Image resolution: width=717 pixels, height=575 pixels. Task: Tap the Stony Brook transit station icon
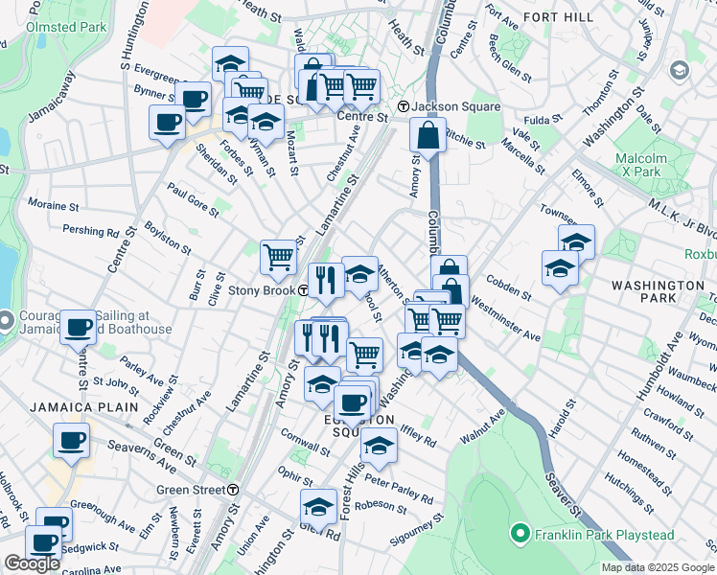click(x=303, y=290)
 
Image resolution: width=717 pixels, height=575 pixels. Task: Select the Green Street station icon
click(x=233, y=490)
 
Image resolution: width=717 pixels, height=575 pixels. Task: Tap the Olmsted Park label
click(x=66, y=27)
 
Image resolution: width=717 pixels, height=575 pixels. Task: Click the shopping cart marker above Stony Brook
click(x=278, y=255)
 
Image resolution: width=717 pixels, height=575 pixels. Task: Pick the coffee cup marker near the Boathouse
click(x=79, y=326)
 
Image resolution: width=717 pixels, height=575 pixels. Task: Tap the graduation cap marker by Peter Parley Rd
click(x=380, y=445)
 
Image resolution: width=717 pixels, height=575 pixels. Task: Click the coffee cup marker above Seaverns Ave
click(x=71, y=440)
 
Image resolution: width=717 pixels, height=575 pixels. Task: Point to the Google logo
click(x=32, y=563)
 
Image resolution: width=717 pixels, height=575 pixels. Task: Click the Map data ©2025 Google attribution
click(x=658, y=567)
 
